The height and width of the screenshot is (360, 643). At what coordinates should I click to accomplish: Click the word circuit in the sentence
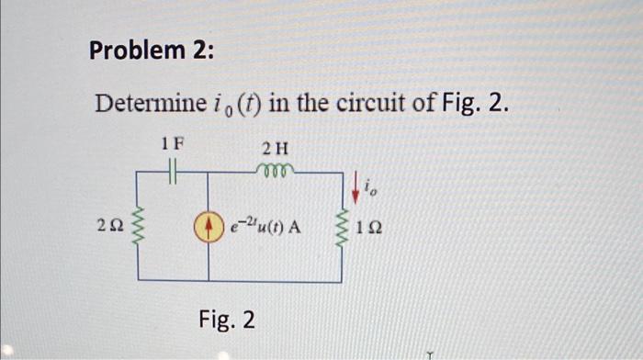coord(374,105)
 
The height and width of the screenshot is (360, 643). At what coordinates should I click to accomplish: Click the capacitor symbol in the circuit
coord(172,171)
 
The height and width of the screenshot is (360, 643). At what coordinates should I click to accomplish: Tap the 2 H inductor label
coord(275,148)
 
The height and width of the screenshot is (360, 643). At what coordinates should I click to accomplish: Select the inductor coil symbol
coord(275,169)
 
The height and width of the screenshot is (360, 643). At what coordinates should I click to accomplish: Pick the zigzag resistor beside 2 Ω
coord(140,225)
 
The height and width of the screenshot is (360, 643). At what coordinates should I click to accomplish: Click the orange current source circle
coord(209,225)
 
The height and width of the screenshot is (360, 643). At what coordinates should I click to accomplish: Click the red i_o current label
coord(369,189)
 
